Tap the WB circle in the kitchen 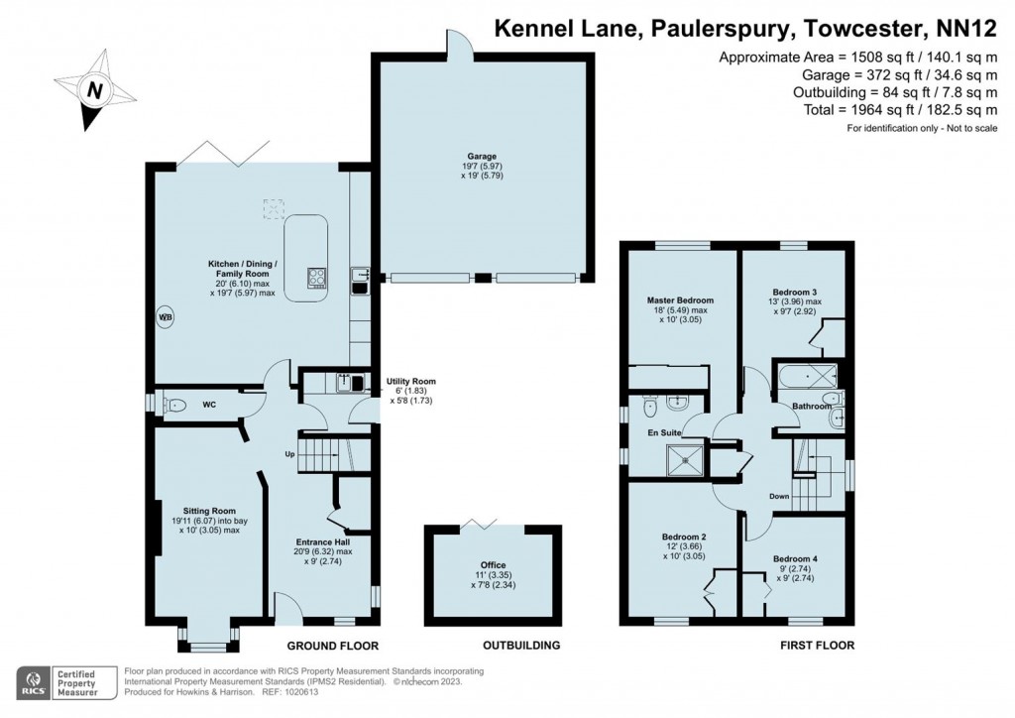[x=165, y=318]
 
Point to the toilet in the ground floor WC [x=174, y=405]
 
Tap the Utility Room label [x=410, y=382]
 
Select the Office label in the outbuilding [x=494, y=565]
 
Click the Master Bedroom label [x=680, y=299]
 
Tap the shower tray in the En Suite [x=681, y=457]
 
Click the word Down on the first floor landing [x=778, y=496]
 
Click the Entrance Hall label [x=323, y=542]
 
